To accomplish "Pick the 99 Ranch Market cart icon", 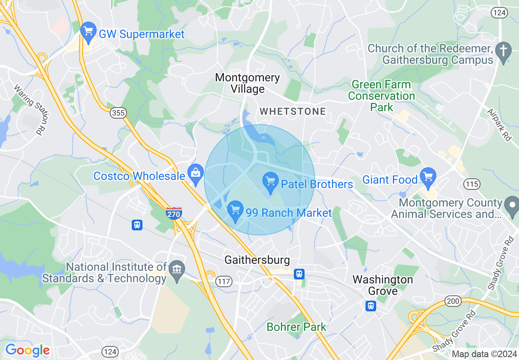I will click(235, 211).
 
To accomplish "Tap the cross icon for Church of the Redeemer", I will click(503, 52).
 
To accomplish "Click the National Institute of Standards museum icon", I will click(177, 270).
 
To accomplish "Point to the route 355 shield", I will click(118, 112).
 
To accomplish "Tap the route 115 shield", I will click(472, 184).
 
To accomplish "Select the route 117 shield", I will click(225, 281).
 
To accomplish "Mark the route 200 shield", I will click(453, 301).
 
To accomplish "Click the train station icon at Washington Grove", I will click(371, 306).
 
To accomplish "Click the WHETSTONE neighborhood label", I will click(293, 111).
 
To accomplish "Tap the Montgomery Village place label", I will click(247, 83).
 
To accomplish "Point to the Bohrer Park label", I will click(296, 327).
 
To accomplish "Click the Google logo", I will click(27, 350).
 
